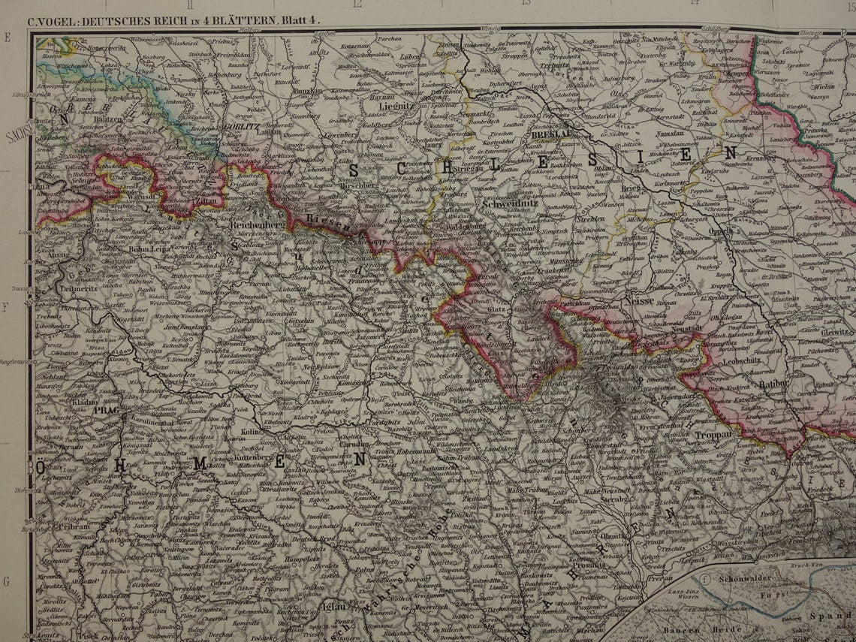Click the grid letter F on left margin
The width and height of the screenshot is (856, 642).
(x=7, y=307)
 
